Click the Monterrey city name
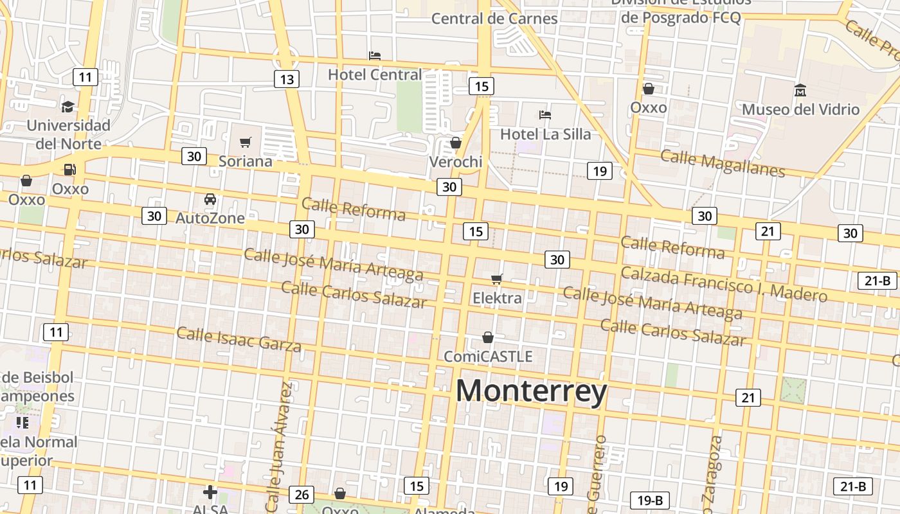pos(531,391)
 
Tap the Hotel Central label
pos(375,75)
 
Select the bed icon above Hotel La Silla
pos(545,115)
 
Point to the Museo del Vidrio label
pos(800,109)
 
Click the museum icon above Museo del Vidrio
pos(800,90)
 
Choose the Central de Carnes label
pos(494,19)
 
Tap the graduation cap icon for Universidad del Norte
pos(68,106)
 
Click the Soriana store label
pos(246,161)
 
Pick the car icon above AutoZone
pos(210,199)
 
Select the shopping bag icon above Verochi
pos(456,143)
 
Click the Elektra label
pos(497,298)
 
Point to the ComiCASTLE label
pos(488,356)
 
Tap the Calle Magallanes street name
pos(723,163)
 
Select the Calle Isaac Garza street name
pos(239,339)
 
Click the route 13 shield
pos(287,79)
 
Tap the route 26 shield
pos(301,494)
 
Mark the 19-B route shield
pos(650,500)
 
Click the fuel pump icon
pos(69,170)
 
